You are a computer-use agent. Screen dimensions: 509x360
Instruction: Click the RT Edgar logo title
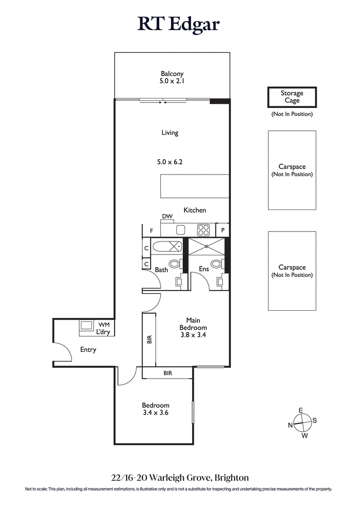[x=179, y=24]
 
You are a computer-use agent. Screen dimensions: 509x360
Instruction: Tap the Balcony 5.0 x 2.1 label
[x=172, y=78]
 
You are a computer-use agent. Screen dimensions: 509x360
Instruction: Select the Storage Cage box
[x=292, y=97]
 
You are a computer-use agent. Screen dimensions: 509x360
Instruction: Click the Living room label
[x=170, y=133]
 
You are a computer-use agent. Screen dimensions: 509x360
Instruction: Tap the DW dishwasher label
[x=167, y=217]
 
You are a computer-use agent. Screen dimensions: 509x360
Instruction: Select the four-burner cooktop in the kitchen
[x=204, y=230]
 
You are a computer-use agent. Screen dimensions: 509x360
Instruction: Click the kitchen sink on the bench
[x=181, y=230]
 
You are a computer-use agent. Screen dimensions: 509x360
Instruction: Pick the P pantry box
[x=223, y=230]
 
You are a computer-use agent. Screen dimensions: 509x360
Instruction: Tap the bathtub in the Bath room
[x=167, y=246]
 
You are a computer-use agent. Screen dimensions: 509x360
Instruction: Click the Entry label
[x=88, y=349]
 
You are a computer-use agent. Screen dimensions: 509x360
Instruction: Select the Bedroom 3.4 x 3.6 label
[x=155, y=408]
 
